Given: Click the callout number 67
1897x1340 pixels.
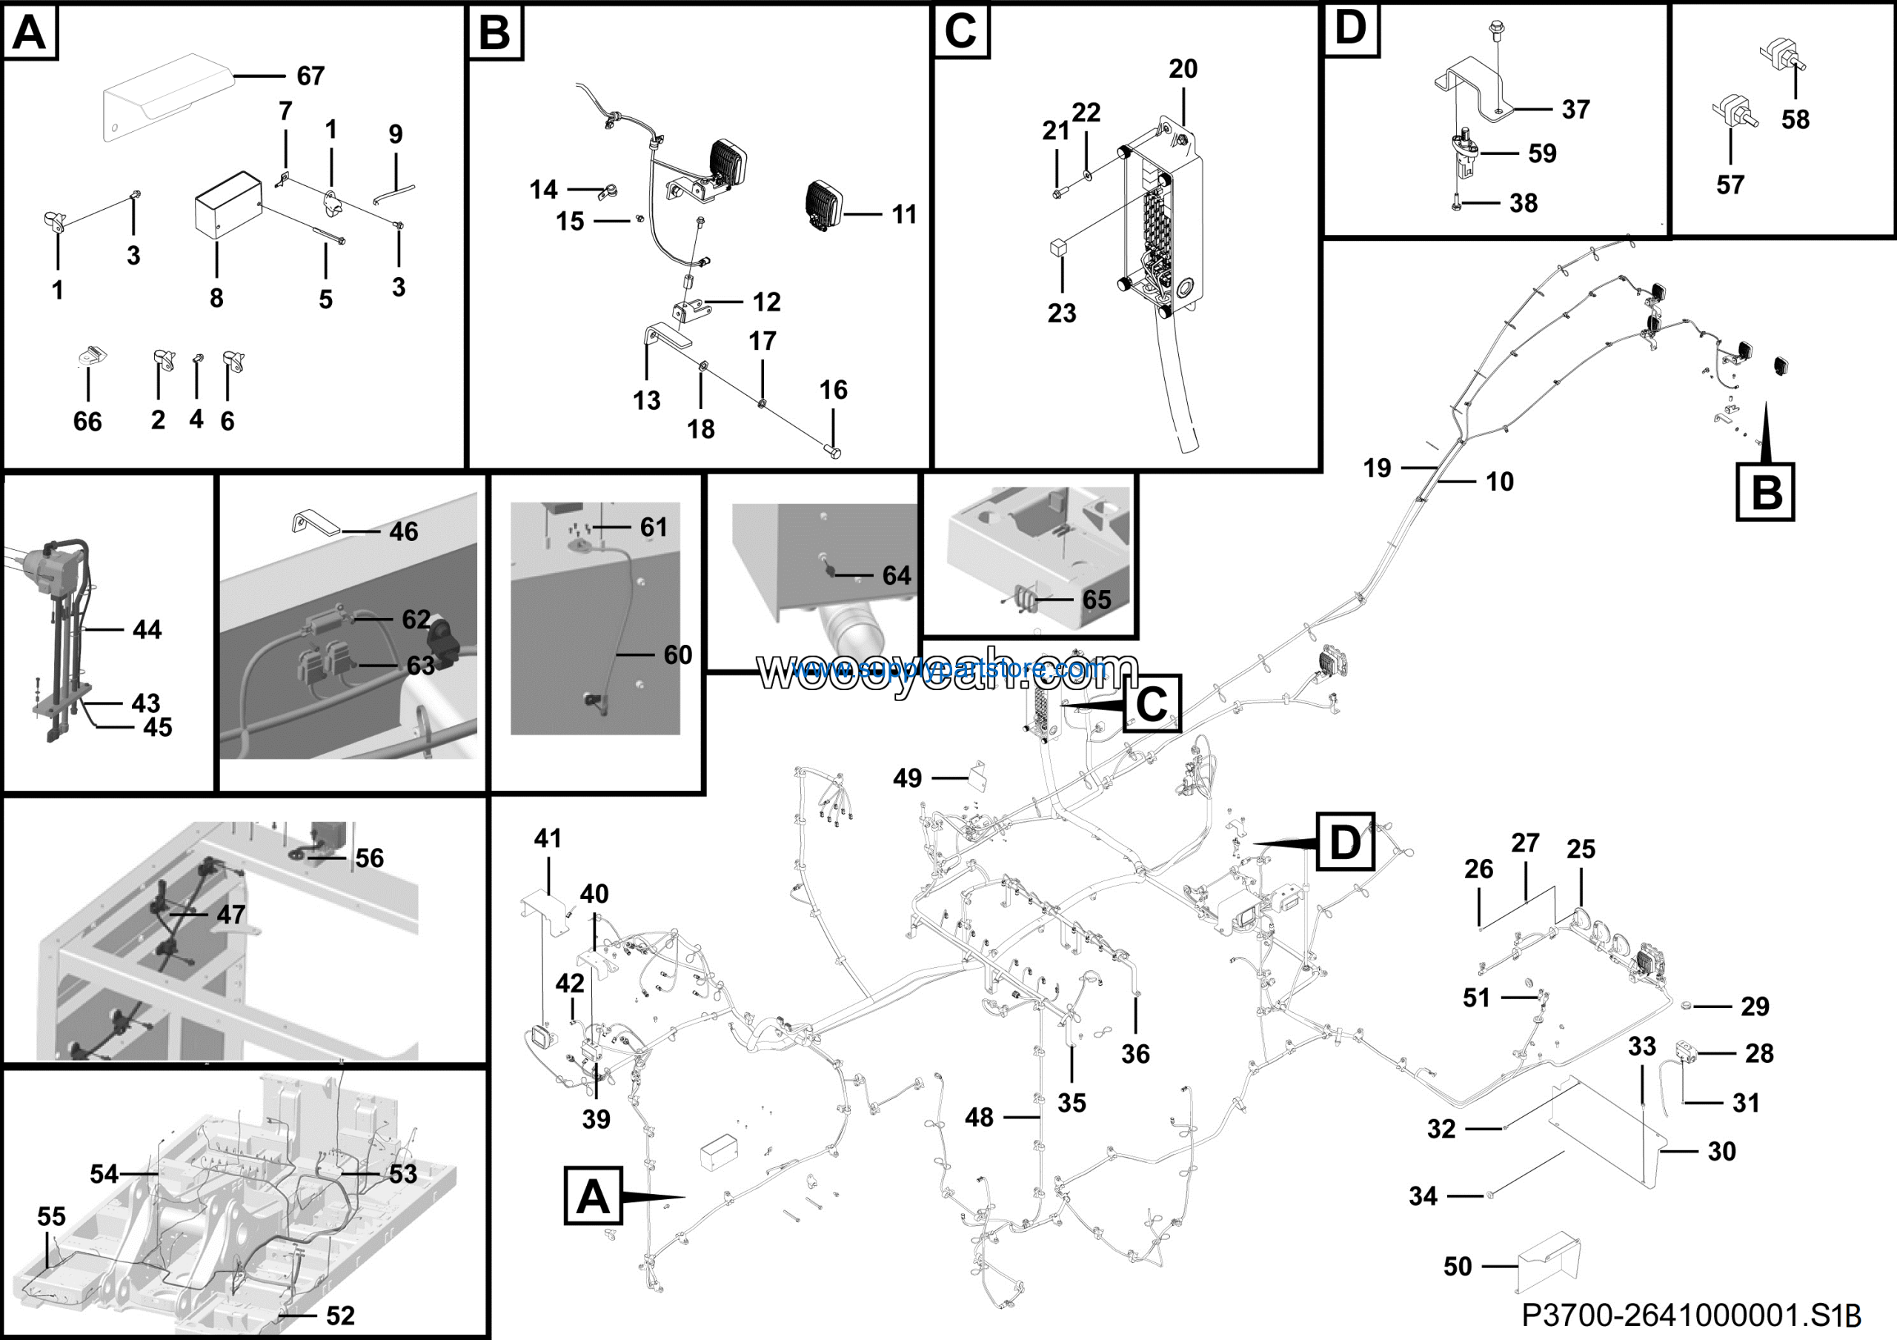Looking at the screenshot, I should [x=310, y=76].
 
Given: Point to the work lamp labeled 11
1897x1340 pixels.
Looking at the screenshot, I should [x=823, y=205].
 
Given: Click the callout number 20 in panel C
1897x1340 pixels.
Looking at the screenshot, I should [x=1183, y=69].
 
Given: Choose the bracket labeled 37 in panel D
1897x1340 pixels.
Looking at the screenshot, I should [x=1475, y=87].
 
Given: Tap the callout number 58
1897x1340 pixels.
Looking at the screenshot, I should [x=1795, y=119].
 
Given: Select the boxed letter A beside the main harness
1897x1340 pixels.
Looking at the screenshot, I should [x=592, y=1195].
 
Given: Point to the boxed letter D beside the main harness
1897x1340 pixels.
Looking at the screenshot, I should [x=1344, y=842].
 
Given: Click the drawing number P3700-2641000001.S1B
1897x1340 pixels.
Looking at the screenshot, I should [x=1690, y=1314].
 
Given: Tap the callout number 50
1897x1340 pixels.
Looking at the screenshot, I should [x=1458, y=1267].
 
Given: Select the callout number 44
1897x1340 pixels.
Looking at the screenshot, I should [x=147, y=629].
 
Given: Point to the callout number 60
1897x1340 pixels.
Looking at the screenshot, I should [x=677, y=654].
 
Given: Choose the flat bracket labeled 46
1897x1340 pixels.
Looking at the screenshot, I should [x=316, y=524].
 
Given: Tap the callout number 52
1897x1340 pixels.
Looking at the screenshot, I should [x=340, y=1316].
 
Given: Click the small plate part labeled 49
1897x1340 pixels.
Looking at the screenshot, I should [x=979, y=777].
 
